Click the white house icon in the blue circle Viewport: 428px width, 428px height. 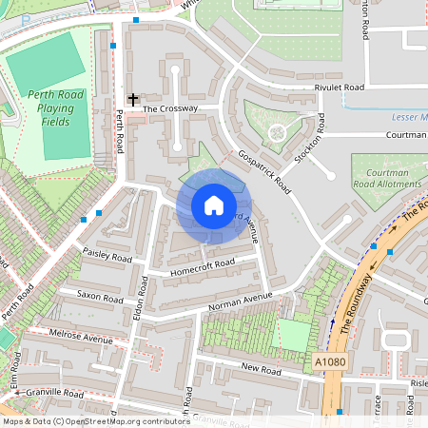tap(213, 204)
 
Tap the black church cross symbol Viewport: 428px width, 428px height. tap(133, 99)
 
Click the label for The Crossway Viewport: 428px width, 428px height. tap(170, 109)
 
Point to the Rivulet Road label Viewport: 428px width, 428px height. tap(340, 88)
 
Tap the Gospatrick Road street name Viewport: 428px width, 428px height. tap(264, 172)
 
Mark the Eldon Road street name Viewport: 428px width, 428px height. tap(139, 315)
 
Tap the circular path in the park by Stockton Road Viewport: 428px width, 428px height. tap(277, 131)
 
